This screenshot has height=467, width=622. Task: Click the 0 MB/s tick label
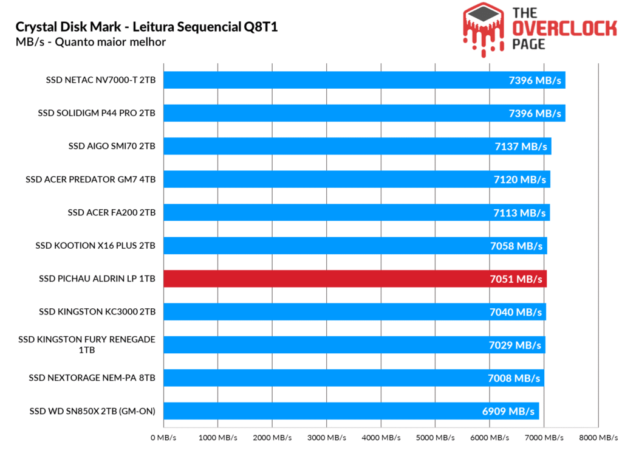163,438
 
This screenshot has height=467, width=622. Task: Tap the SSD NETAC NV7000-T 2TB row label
100,80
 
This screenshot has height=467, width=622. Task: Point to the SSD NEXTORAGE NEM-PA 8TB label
92,378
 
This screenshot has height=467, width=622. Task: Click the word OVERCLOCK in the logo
564,28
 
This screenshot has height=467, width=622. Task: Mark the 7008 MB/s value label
514,378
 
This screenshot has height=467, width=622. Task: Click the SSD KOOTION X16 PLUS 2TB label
95,246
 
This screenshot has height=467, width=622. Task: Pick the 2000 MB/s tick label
272,438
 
